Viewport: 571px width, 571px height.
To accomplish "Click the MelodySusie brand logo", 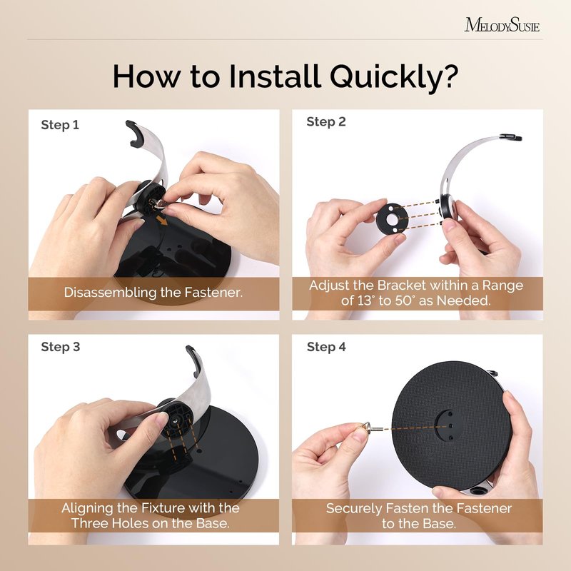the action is click(x=502, y=25).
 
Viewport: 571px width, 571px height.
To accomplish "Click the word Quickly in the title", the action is click(x=394, y=77).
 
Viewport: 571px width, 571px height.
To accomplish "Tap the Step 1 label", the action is click(x=60, y=125).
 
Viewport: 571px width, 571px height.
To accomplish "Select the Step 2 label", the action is click(x=326, y=121).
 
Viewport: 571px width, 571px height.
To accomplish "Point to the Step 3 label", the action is click(x=61, y=347).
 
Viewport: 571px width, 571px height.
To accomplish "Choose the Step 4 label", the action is click(x=326, y=347).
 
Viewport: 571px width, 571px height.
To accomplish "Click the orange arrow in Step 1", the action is click(x=162, y=220).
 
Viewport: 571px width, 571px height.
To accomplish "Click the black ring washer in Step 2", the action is click(x=390, y=219).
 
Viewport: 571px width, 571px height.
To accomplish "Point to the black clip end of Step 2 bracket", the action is click(x=510, y=137).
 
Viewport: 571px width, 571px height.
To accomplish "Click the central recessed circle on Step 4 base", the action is click(x=450, y=425).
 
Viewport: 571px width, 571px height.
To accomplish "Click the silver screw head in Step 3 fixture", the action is click(x=176, y=420).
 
